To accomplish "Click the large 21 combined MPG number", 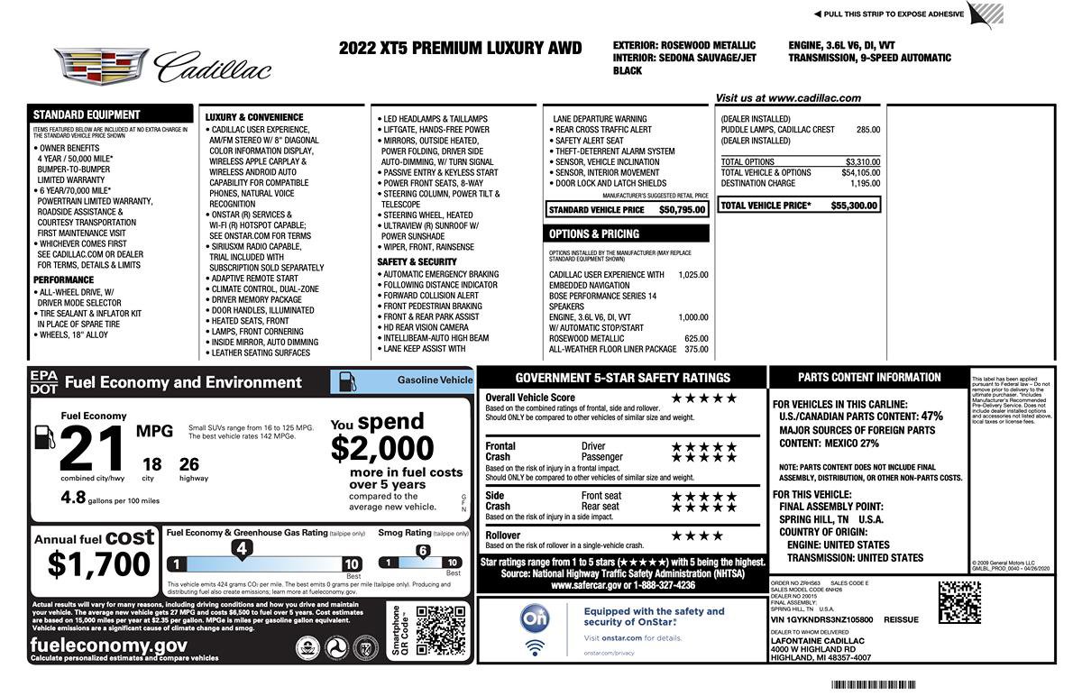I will coord(93,446).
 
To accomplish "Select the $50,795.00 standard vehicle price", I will coord(682,210).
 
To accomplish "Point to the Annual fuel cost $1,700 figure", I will coord(99,563).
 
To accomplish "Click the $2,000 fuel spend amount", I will coord(381,448).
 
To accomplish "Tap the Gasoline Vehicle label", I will coord(435,380).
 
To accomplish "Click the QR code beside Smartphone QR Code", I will coord(440,630).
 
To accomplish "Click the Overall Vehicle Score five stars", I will coord(703,398).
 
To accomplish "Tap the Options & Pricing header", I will coord(594,234).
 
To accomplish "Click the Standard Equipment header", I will coord(87,114).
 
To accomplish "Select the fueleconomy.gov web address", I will coord(109,645).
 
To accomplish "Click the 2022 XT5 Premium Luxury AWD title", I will coord(460,49).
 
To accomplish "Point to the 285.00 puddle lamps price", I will coord(868,130).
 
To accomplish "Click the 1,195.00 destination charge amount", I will coord(865,183).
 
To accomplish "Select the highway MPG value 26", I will coord(188,464).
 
